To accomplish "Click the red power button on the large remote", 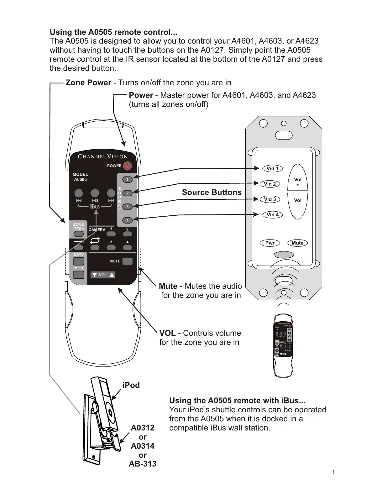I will [x=127, y=166].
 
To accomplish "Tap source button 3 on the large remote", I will [x=127, y=207].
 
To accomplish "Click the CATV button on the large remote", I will [x=79, y=261].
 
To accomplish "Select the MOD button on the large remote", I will [x=79, y=275].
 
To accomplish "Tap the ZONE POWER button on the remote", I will [x=79, y=234].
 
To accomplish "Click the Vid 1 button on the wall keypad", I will [x=272, y=169].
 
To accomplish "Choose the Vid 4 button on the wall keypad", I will [x=272, y=215].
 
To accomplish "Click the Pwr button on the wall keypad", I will [x=270, y=243].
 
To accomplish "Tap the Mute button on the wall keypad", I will [x=297, y=243].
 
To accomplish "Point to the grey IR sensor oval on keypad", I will [x=283, y=255].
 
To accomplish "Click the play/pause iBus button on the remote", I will [x=95, y=193].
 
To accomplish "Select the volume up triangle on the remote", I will [x=112, y=275].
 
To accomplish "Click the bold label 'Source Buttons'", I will [x=212, y=192].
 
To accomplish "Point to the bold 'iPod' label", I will [x=131, y=385].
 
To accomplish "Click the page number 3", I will [x=333, y=472].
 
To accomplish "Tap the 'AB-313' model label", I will [x=143, y=464].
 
